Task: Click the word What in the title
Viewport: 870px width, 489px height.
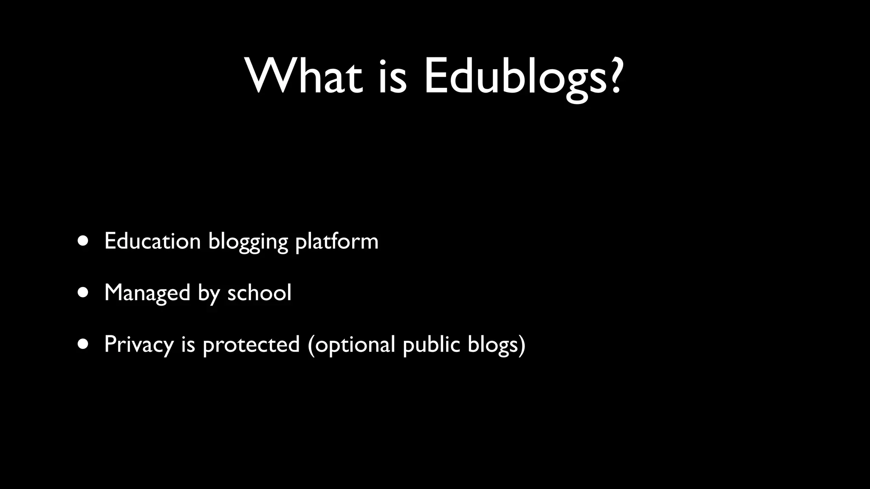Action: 304,76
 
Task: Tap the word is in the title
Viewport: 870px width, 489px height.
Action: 392,76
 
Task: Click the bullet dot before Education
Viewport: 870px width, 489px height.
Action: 83,241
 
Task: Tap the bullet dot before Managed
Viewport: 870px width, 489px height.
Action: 83,292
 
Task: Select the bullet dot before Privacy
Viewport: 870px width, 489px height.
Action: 83,344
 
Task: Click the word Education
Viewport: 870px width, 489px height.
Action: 153,241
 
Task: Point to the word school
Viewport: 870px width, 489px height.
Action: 260,292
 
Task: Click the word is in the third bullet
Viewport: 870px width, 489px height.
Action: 188,344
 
